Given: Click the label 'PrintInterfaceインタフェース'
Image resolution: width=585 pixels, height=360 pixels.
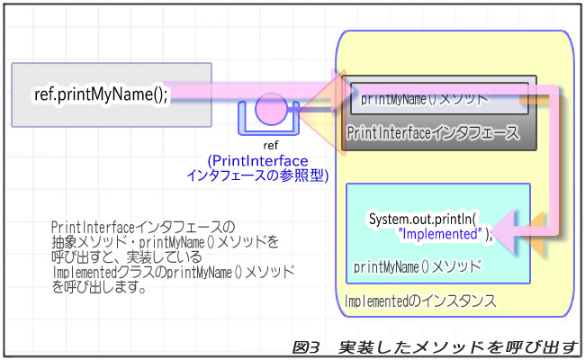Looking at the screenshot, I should pyautogui.click(x=432, y=133).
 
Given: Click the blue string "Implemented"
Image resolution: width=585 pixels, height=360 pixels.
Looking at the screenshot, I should pyautogui.click(x=441, y=234).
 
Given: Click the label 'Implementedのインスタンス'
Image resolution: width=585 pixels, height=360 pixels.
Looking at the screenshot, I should pyautogui.click(x=419, y=301).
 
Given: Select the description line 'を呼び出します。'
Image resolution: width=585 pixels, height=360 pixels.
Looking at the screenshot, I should pyautogui.click(x=99, y=291).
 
